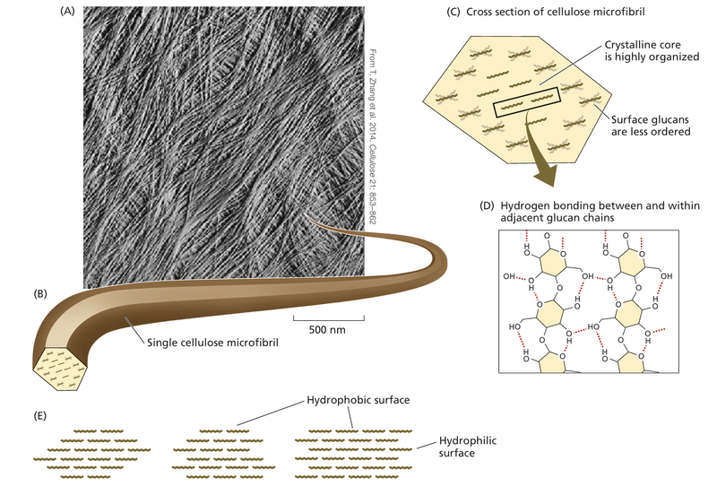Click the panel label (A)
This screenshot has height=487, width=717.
point(66,12)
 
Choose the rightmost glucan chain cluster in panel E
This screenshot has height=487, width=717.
point(353,448)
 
